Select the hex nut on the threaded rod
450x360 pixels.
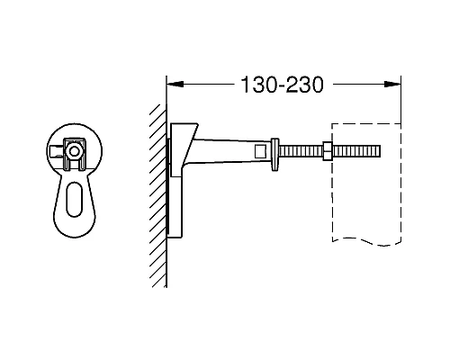tap(326, 149)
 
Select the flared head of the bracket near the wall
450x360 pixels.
tap(187, 144)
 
